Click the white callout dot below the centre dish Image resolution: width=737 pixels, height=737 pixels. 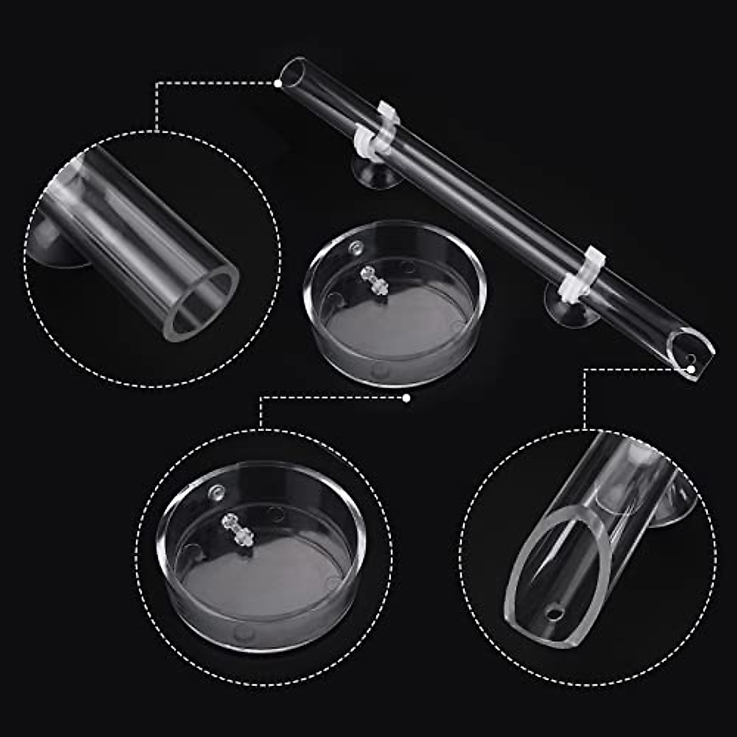(406, 398)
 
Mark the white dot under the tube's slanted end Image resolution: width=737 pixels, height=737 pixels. (691, 369)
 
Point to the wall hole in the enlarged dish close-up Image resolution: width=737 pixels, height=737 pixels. (217, 491)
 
